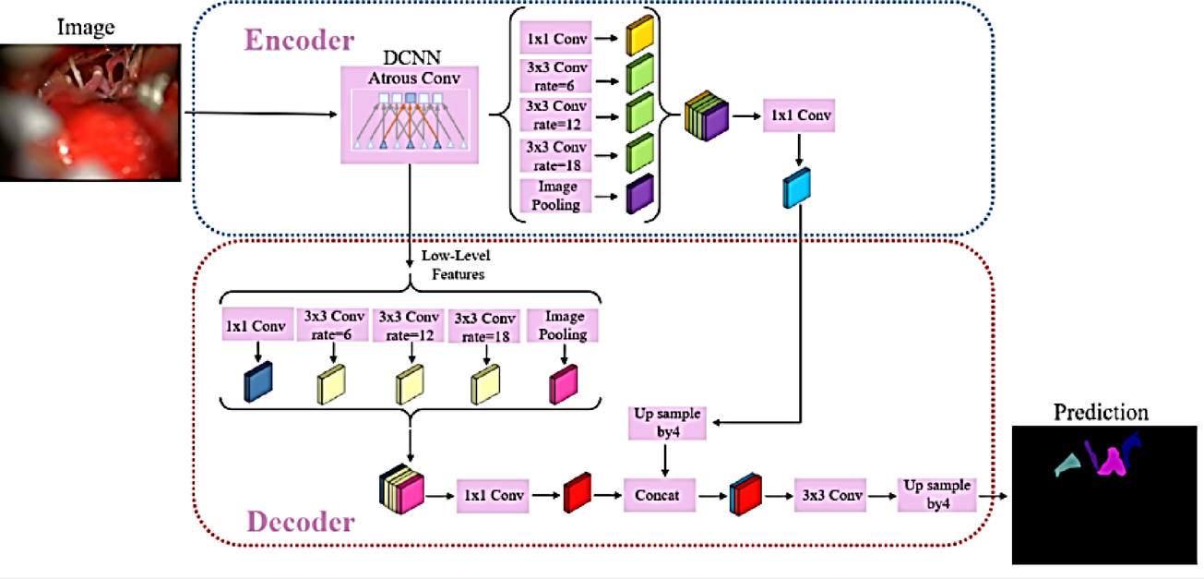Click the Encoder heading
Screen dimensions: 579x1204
(x=298, y=41)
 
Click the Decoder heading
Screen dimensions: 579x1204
(x=301, y=522)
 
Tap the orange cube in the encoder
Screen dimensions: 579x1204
(x=639, y=39)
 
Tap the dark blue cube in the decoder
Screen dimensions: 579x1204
(x=259, y=381)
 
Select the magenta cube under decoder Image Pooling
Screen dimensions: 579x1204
(x=562, y=382)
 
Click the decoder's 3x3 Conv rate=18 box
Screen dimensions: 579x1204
(x=485, y=326)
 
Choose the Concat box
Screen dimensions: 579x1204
(x=657, y=495)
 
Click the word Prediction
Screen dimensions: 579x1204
(x=1101, y=412)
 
